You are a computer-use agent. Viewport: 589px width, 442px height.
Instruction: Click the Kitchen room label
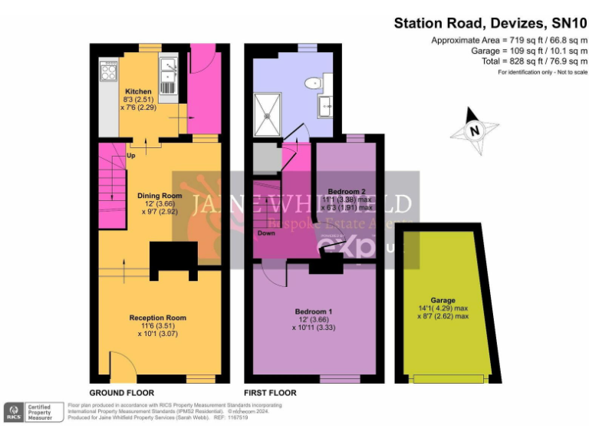(x=138, y=91)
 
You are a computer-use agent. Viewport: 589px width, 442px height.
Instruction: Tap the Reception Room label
(x=157, y=317)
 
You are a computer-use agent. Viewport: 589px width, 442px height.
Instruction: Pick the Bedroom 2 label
(x=346, y=190)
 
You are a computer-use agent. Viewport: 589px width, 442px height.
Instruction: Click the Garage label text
(x=443, y=300)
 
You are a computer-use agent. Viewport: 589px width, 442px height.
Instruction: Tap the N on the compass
(x=475, y=131)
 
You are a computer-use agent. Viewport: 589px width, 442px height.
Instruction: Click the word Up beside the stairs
(x=131, y=155)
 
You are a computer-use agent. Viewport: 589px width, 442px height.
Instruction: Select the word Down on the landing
(x=266, y=233)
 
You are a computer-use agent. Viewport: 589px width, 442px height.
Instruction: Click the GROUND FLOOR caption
(x=122, y=392)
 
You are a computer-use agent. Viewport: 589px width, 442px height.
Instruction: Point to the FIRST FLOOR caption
(x=269, y=392)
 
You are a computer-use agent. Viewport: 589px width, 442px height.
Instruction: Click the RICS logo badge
(x=13, y=412)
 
